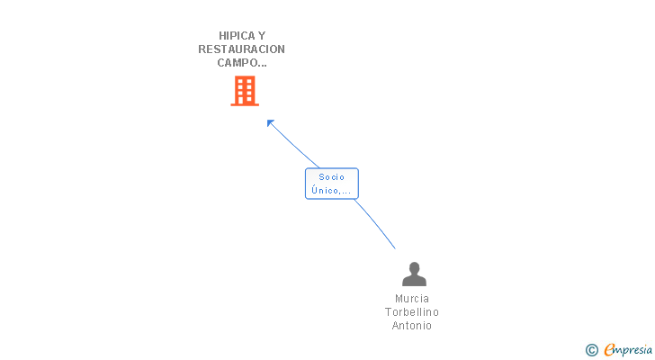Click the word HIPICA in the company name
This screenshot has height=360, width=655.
[x=237, y=36]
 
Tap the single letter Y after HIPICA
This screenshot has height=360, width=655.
[x=262, y=36]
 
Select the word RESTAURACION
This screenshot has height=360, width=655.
[x=241, y=49]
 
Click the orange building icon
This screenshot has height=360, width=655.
[x=245, y=91]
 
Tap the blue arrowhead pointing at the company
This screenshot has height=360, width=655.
[x=270, y=123]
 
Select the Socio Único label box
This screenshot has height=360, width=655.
[x=332, y=184]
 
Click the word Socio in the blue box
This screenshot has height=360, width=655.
[x=332, y=177]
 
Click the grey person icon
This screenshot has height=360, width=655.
[x=414, y=274]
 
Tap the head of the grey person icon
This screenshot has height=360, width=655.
[x=414, y=268]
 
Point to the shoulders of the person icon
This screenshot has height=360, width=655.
[x=414, y=281]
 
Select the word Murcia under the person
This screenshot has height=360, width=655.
[x=412, y=299]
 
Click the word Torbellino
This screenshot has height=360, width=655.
[x=412, y=312]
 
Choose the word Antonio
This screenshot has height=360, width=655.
[x=412, y=325]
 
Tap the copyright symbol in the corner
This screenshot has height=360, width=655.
[x=591, y=350]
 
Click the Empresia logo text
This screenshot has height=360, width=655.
[x=628, y=350]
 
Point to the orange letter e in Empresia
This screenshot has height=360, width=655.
[x=609, y=350]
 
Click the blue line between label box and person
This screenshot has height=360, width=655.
[x=375, y=223]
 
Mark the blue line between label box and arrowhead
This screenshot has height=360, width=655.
[x=294, y=146]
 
